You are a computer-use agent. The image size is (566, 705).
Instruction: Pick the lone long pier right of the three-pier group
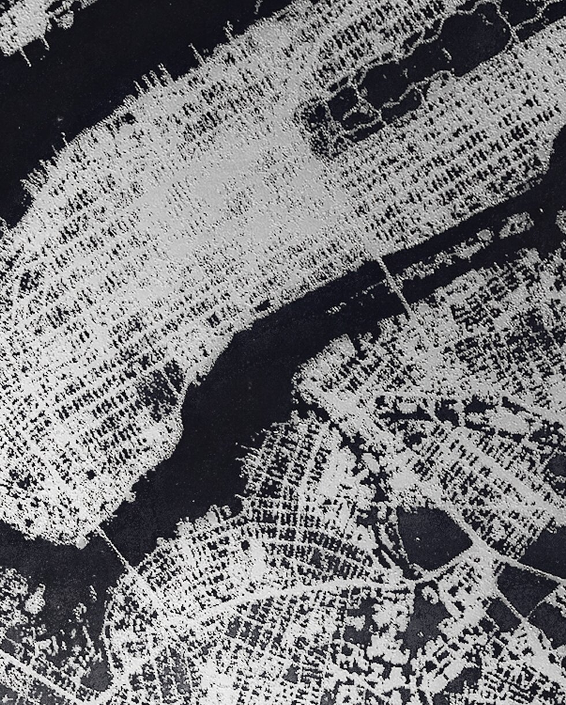point(196,55)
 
